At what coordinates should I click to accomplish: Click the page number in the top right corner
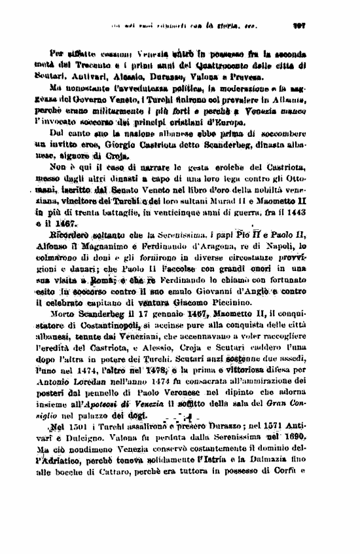(303, 28)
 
